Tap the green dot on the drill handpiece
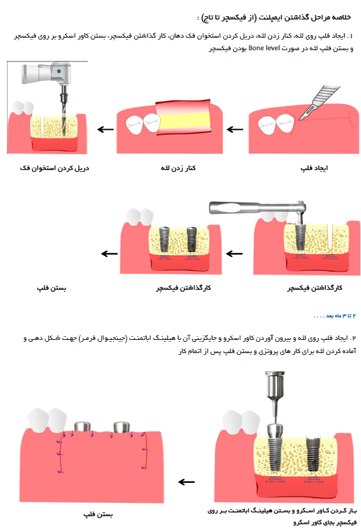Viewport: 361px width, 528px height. click(59, 71)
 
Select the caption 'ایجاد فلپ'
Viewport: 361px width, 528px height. click(314, 168)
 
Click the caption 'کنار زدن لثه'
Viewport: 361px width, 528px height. click(179, 168)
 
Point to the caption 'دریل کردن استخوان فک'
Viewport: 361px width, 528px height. click(55, 168)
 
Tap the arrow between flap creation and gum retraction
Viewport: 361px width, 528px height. click(235, 129)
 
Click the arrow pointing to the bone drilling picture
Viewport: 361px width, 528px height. click(105, 129)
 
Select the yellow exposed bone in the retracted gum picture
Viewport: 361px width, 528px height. click(184, 121)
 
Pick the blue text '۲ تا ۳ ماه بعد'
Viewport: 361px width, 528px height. click(335, 315)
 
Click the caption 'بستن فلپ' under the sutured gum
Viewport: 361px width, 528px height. click(98, 515)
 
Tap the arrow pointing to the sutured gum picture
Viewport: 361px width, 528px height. click(186, 482)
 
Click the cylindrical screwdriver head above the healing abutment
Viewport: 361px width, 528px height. click(275, 384)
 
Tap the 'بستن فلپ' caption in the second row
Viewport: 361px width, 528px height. click(51, 288)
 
